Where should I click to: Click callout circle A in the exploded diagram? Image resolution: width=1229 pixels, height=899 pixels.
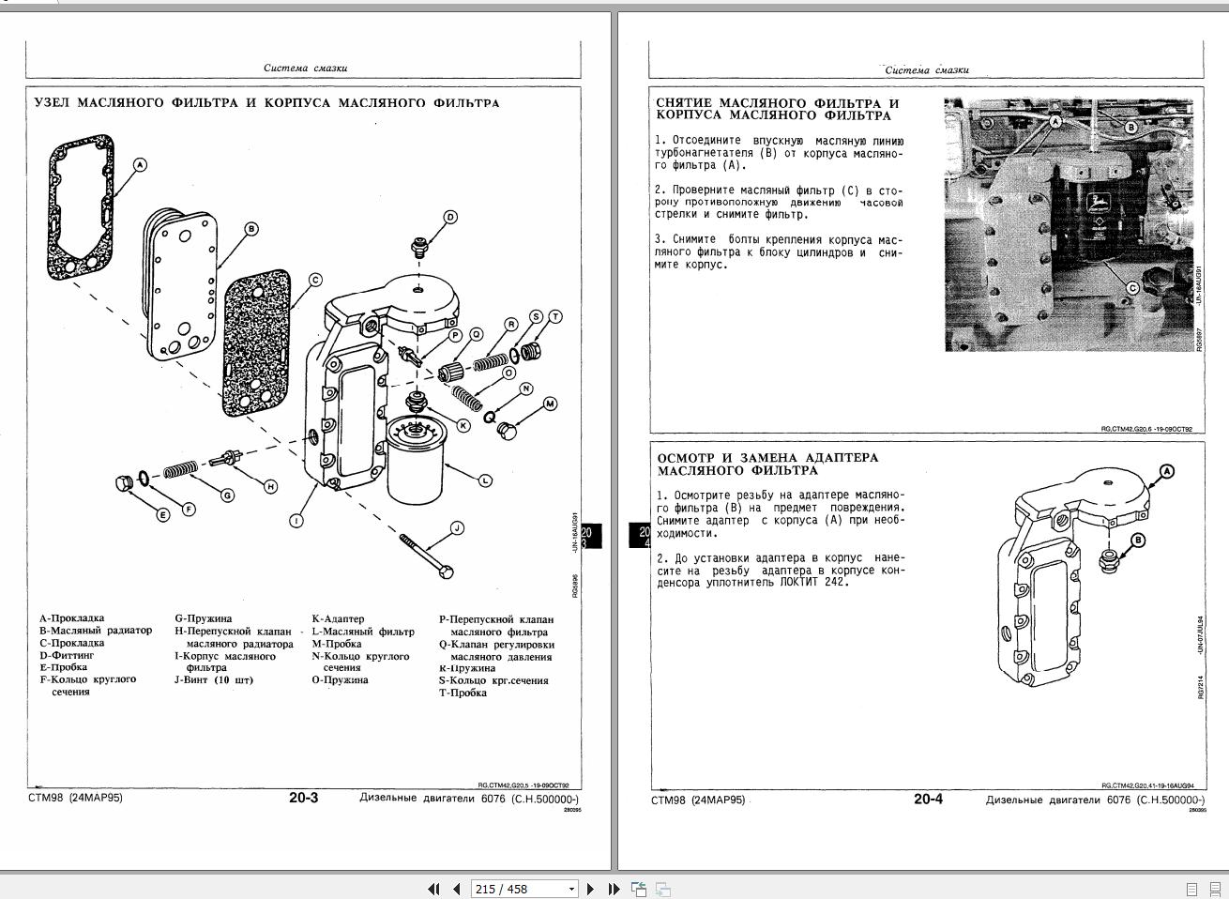click(x=140, y=165)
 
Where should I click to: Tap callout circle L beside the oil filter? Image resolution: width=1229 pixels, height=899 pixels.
click(x=485, y=480)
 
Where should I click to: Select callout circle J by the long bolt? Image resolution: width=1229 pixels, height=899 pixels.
click(x=457, y=528)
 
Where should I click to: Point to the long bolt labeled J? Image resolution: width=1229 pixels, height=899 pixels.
click(x=426, y=555)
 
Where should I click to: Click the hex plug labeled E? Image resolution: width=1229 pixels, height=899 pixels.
click(x=123, y=483)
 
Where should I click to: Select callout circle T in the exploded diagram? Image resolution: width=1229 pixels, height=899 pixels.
click(x=555, y=317)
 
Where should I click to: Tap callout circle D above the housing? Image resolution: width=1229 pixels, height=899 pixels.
click(x=450, y=218)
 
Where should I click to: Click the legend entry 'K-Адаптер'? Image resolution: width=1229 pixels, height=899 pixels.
click(x=338, y=619)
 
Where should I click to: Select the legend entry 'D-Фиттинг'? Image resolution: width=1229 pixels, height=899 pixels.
click(x=67, y=655)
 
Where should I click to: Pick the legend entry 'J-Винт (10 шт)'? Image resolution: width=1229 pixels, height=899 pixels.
click(x=213, y=680)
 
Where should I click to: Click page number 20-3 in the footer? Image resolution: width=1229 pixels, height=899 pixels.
click(x=303, y=799)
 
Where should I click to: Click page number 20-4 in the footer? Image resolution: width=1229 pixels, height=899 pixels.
click(x=928, y=800)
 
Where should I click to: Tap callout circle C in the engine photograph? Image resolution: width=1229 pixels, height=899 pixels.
click(x=1132, y=288)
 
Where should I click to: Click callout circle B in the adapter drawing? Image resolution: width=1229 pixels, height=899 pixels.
click(x=1138, y=540)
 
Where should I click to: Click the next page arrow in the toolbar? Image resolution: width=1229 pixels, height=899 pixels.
click(x=590, y=889)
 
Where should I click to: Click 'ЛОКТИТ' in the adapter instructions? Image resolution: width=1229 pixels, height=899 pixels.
click(x=798, y=583)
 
